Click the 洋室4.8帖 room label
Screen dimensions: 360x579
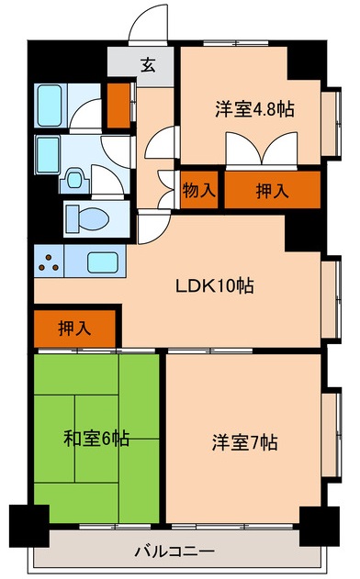pos(254,109)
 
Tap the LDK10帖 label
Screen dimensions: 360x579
pos(214,285)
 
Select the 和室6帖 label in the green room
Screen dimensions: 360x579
pos(96,439)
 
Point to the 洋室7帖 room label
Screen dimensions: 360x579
pos(244,442)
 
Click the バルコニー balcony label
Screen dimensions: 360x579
pos(174,551)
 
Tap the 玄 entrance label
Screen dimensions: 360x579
pos(148,65)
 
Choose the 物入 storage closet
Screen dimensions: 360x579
pos(199,190)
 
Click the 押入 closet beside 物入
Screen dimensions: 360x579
pos(273,190)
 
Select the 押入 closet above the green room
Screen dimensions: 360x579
pos(74,328)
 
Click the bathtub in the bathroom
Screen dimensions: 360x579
pos(50,106)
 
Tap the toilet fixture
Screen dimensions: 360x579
pos(88,219)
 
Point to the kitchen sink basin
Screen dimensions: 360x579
pos(102,262)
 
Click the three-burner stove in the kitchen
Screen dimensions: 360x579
pos(50,262)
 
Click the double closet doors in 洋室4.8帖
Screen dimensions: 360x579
pos(262,149)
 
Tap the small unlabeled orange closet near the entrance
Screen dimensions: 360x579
pos(118,106)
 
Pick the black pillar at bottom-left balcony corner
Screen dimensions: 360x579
pos(29,526)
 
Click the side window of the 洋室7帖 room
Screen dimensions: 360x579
pos(332,434)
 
